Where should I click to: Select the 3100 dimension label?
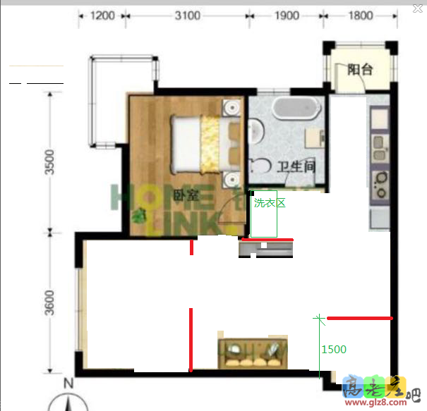[186, 15]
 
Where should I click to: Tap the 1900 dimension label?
[286, 15]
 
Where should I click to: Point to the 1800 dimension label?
[359, 15]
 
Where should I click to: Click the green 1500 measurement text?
[334, 349]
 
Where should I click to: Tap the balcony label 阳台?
[361, 70]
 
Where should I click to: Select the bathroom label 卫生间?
[295, 167]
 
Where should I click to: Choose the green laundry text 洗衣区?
[269, 202]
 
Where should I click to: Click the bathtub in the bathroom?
[296, 109]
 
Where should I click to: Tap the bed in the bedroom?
[205, 144]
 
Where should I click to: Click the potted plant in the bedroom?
[141, 216]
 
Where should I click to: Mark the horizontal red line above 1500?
[359, 318]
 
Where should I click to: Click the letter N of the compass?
[68, 384]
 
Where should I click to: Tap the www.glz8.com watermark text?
[373, 403]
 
